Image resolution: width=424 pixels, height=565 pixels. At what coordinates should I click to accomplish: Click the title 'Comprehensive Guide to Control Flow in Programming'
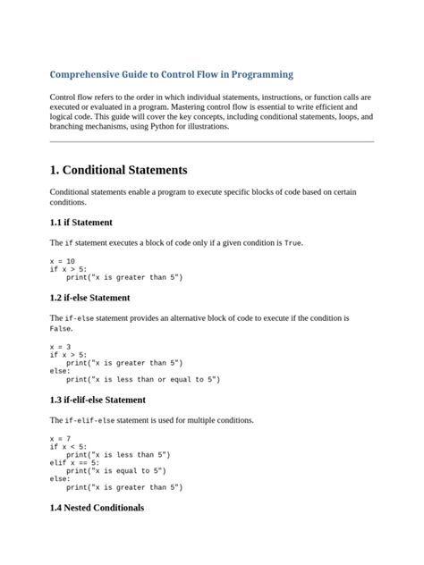[171, 74]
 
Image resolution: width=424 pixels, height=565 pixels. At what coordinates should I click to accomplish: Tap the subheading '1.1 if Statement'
[81, 222]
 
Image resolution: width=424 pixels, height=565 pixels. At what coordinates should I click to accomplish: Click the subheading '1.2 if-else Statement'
[90, 298]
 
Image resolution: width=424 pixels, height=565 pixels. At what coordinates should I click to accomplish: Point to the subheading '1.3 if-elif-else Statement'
[98, 400]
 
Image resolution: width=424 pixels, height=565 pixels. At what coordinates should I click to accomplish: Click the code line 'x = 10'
[63, 260]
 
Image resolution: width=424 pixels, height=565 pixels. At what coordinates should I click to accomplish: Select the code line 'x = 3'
[61, 346]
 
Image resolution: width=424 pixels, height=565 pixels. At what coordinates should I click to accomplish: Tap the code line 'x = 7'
[61, 439]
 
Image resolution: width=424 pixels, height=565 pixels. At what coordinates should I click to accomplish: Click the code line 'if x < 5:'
[69, 447]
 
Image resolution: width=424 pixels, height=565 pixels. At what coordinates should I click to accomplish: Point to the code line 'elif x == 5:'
[75, 463]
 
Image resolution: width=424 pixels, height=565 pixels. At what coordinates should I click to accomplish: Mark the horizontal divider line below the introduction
[211, 141]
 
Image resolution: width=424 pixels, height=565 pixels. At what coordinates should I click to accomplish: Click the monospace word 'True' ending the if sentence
[293, 243]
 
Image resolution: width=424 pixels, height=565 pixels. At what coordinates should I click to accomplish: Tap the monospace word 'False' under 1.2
[60, 328]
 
